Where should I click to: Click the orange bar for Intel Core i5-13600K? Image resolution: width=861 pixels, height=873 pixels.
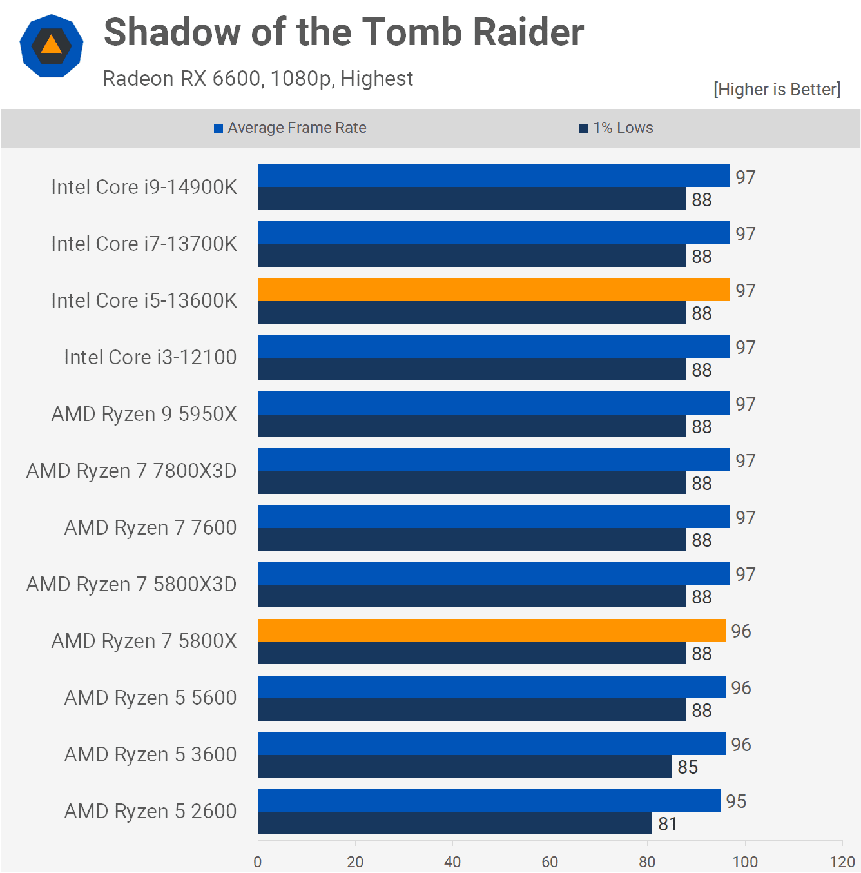[494, 289]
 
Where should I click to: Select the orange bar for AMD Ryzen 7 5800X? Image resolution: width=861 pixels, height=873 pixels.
[492, 630]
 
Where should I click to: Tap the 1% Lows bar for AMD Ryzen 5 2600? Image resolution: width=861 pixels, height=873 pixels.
[455, 823]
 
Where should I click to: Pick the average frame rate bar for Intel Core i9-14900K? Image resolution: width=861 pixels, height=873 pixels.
[494, 176]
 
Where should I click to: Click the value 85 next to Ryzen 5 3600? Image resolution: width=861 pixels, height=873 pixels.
[688, 767]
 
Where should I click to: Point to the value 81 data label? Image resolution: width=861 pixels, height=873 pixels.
[668, 824]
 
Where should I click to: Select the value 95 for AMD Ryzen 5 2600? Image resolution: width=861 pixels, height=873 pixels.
[736, 801]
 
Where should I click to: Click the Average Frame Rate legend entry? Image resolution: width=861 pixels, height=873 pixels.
[290, 128]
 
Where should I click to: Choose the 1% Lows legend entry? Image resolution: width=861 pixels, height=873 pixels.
[616, 128]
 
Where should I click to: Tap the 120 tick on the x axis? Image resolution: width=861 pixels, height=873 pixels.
[842, 862]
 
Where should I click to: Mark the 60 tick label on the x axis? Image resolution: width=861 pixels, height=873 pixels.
[550, 862]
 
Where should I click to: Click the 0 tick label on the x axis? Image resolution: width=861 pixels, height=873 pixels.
[258, 862]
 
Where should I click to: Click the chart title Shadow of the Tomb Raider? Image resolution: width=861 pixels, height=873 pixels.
[343, 32]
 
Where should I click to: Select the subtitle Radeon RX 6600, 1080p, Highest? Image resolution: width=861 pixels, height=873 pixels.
[258, 79]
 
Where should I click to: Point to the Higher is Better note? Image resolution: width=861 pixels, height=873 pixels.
[777, 89]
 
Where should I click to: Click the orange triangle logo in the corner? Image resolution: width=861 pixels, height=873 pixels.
[52, 46]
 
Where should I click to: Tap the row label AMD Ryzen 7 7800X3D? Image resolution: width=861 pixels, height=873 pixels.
[131, 471]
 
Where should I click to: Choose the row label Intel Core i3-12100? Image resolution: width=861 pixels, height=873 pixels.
[150, 357]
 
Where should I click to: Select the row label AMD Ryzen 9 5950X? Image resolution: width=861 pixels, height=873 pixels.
[144, 414]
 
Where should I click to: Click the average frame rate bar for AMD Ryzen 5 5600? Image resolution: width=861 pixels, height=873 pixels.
[492, 687]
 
